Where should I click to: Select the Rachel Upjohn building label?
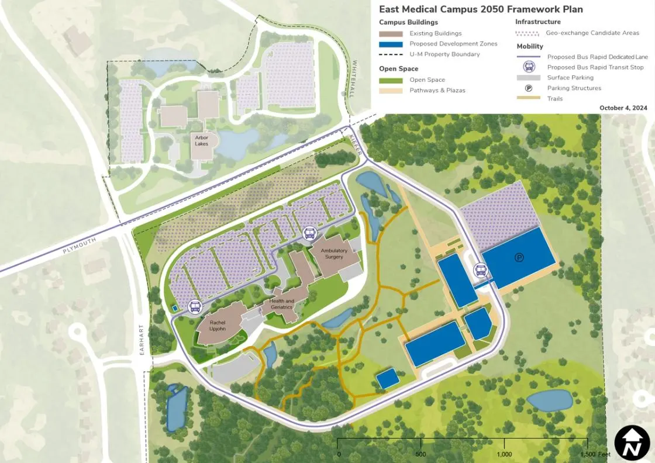coord(218,326)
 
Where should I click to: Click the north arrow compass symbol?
coord(632,443)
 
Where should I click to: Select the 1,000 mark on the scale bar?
coord(504,454)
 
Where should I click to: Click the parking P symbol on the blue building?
coord(518,257)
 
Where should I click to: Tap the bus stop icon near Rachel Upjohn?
coord(194,306)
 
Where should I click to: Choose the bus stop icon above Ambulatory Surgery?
coord(309,234)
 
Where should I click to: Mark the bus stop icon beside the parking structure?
coord(481,271)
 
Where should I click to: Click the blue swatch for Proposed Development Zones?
coord(391,44)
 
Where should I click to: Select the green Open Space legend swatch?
coord(391,80)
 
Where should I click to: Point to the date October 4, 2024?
coord(623,108)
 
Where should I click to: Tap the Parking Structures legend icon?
coord(528,88)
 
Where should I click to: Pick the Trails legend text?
coord(555,99)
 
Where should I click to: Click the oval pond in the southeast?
coord(549,400)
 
